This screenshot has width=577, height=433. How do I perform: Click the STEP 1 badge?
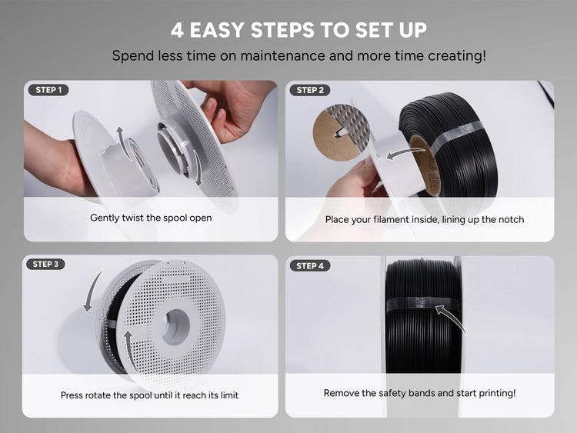coord(48,90)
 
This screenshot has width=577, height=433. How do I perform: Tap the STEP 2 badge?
coord(310,90)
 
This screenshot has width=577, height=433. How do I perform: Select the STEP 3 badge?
coord(45,264)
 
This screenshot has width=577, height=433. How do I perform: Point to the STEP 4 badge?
coord(310,266)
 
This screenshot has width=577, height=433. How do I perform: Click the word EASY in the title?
coord(217,30)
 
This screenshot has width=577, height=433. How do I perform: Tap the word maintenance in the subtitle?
coord(282,56)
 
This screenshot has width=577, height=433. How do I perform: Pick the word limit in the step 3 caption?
coord(229,395)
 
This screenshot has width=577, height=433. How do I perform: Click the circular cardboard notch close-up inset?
coord(342,132)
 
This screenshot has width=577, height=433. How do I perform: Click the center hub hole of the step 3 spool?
coord(176,327)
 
